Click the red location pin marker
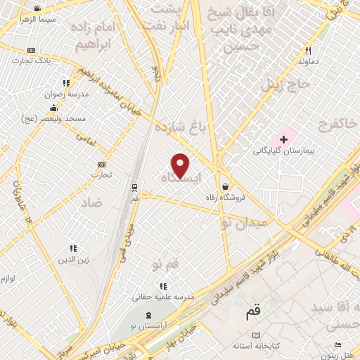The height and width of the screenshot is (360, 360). pyautogui.click(x=181, y=165)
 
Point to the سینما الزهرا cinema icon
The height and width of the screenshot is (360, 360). pyautogui.click(x=37, y=8)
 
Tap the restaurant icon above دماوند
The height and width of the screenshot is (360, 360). pyautogui.click(x=307, y=51)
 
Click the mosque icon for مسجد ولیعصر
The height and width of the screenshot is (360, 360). pyautogui.click(x=53, y=108)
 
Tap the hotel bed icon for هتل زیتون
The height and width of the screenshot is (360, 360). pyautogui.click(x=337, y=345)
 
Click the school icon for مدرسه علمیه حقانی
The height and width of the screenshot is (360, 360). pyautogui.click(x=163, y=286)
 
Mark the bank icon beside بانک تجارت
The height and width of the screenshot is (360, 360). pyautogui.click(x=31, y=51)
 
